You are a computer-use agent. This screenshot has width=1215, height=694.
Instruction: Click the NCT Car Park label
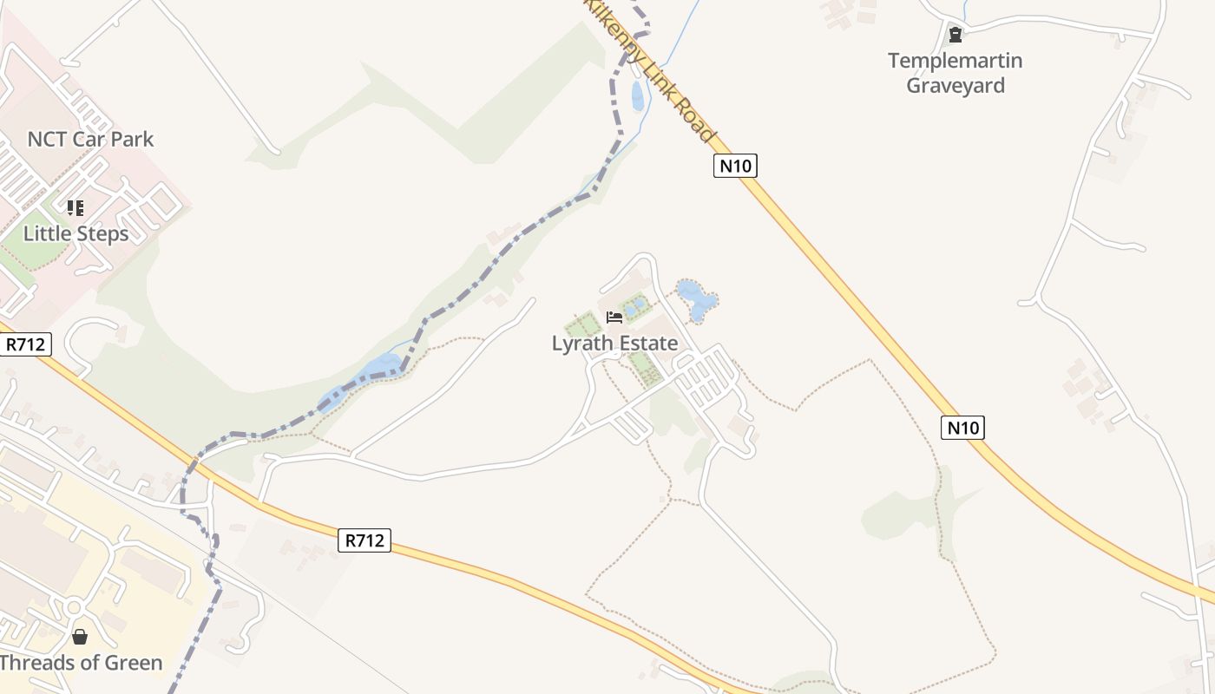(90, 139)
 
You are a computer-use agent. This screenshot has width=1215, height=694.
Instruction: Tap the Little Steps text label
(76, 233)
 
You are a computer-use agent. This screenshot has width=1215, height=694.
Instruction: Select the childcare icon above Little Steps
(76, 208)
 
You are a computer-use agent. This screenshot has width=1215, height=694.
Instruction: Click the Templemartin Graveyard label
(955, 73)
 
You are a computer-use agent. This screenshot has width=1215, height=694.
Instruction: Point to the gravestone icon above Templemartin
(956, 36)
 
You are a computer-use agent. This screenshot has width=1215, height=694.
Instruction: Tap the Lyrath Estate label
(614, 344)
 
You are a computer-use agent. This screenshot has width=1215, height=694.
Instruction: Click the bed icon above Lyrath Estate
(614, 318)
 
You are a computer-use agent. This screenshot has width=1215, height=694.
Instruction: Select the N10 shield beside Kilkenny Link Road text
(735, 165)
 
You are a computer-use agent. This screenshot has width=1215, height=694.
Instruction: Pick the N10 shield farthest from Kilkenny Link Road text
(962, 427)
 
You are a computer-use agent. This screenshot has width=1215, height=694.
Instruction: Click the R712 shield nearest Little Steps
(25, 344)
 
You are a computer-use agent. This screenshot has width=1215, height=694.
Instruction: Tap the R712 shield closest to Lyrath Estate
(364, 540)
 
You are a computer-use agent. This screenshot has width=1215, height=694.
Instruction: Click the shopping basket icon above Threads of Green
(80, 637)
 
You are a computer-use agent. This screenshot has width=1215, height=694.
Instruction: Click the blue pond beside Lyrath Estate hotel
(696, 298)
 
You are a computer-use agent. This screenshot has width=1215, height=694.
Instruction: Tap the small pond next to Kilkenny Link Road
(638, 95)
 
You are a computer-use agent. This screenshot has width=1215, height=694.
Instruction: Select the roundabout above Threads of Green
(74, 607)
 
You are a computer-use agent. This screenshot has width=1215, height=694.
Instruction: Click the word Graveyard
(956, 85)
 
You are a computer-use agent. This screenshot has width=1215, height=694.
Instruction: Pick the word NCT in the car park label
(47, 139)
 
